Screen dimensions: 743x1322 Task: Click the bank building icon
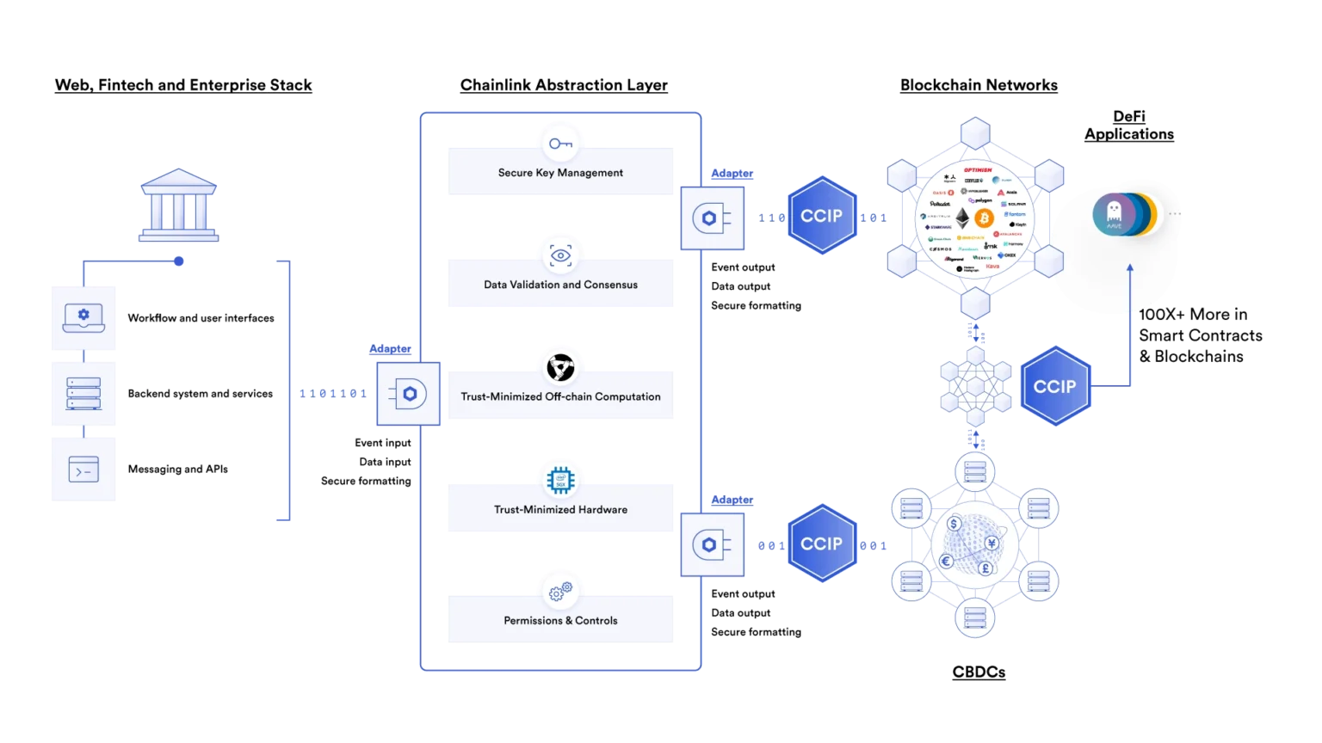click(179, 205)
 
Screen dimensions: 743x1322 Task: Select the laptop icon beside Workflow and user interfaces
click(83, 317)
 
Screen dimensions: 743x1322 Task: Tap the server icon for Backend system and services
click(83, 393)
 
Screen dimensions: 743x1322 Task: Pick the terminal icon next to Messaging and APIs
click(83, 470)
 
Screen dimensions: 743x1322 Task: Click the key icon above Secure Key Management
click(560, 144)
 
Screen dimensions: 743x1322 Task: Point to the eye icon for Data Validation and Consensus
click(560, 255)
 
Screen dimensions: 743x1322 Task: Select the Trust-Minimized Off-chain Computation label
click(560, 396)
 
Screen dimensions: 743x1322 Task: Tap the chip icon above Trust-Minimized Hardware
click(560, 479)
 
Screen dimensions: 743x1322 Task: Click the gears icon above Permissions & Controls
click(560, 592)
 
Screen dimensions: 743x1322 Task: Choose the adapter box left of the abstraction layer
click(408, 394)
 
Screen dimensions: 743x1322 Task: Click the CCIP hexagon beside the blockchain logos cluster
click(821, 216)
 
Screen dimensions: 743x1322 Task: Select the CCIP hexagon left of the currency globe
click(821, 543)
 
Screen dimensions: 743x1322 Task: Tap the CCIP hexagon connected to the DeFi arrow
click(1054, 387)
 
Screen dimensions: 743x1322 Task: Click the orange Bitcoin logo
click(984, 218)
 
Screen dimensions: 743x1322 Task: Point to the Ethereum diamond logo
click(961, 218)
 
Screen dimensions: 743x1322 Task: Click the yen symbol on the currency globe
click(991, 543)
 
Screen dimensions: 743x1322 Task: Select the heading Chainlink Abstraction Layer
click(563, 85)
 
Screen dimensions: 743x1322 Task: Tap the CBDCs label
click(979, 672)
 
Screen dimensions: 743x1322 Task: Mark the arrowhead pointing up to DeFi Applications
click(1130, 268)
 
